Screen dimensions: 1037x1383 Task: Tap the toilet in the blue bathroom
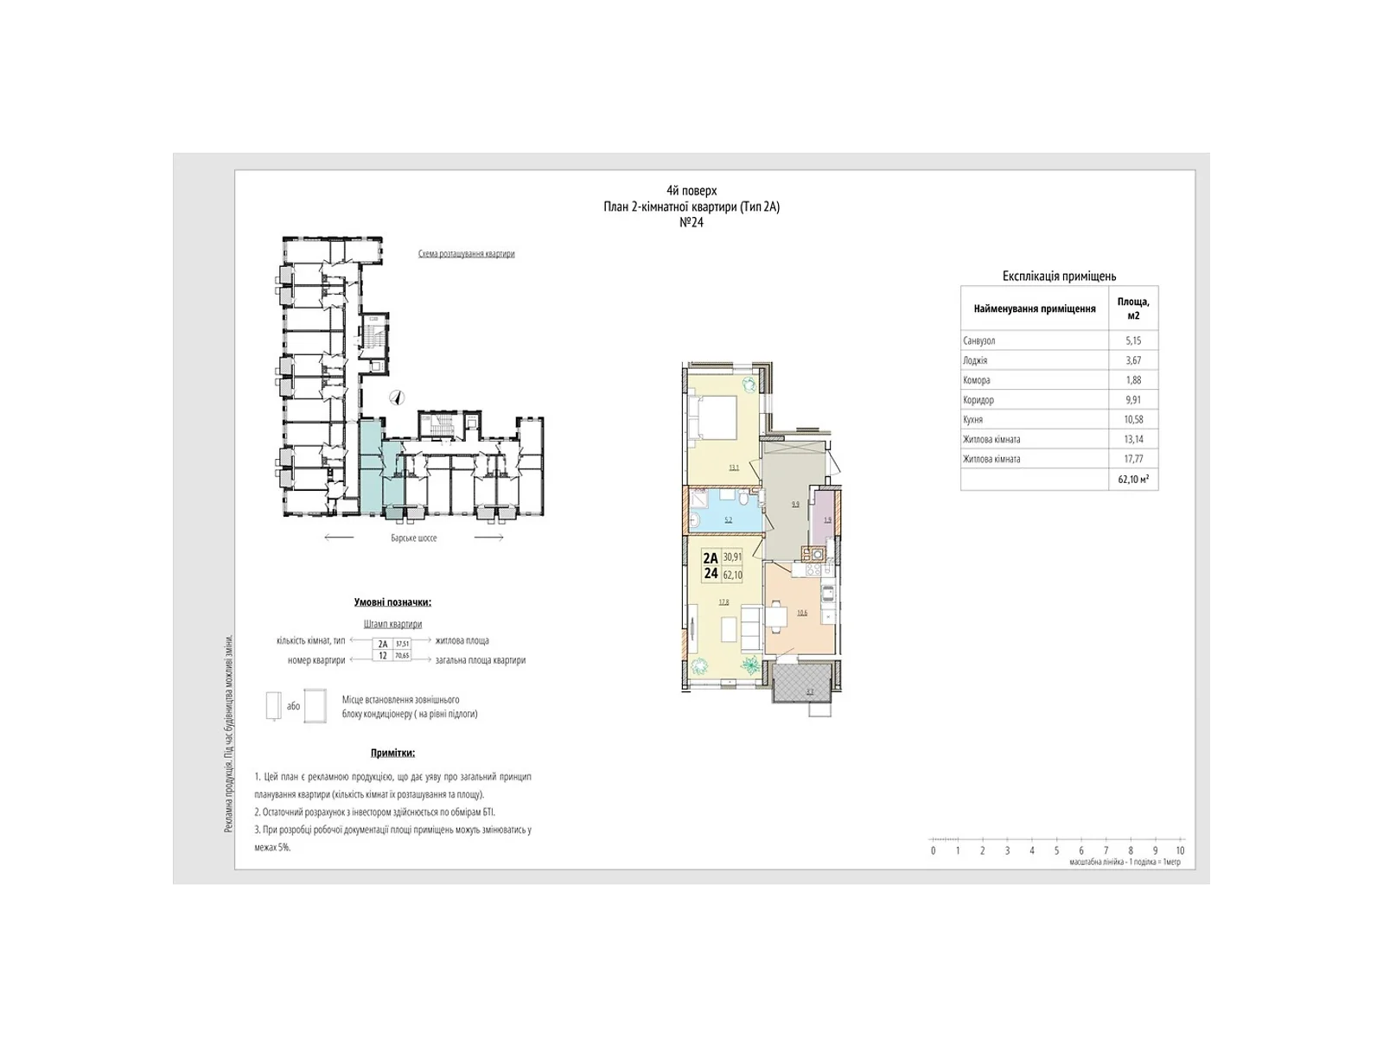[743, 499]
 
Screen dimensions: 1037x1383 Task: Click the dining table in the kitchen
[778, 615]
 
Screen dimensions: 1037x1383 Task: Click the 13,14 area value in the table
[1133, 439]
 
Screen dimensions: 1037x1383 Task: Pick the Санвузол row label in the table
[979, 340]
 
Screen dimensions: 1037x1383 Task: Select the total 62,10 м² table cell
[1133, 479]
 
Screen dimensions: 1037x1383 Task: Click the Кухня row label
[973, 419]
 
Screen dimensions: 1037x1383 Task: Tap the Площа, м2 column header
[1133, 309]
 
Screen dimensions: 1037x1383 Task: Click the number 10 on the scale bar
[1180, 850]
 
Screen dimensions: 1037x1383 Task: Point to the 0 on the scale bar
[934, 850]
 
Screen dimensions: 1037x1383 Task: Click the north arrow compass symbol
[398, 398]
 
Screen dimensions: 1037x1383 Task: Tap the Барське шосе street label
[414, 538]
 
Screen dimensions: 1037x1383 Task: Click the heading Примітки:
[392, 753]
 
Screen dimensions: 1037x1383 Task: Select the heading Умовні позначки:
[392, 602]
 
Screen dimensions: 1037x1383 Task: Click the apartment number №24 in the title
[691, 222]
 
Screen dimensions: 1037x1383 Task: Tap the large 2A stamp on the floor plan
[711, 558]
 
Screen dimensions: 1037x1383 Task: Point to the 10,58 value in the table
[1133, 419]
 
